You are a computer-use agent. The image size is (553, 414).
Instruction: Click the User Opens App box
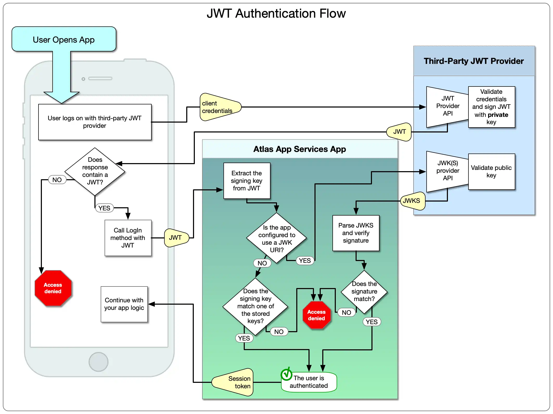pos(64,39)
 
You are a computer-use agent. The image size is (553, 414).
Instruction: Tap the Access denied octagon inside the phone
pos(53,288)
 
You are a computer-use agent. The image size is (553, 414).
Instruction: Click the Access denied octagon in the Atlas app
pos(316,315)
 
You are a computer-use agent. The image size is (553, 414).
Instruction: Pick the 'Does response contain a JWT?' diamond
pos(95,171)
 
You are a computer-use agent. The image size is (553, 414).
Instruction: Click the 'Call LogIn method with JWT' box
pos(128,238)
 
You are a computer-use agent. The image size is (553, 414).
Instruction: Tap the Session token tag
pos(234,382)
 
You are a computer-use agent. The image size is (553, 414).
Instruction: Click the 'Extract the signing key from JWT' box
pos(247,181)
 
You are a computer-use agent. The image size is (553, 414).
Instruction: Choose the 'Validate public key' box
pos(491,171)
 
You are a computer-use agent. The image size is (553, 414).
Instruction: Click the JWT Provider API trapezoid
pos(447,106)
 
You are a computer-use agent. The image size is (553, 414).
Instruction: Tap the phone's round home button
pos(98,362)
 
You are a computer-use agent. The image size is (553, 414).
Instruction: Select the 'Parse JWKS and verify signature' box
pos(356,233)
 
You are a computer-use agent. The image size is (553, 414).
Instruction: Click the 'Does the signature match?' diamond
pos(364,291)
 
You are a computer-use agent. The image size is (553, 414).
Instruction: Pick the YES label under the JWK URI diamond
pos(305,261)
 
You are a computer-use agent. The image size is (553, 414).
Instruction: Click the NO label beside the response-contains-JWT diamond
pos(57,180)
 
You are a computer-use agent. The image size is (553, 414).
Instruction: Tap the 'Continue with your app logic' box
pos(124,304)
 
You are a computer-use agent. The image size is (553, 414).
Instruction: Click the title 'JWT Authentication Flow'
pos(276,14)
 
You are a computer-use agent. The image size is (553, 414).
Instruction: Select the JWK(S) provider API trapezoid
pos(447,171)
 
